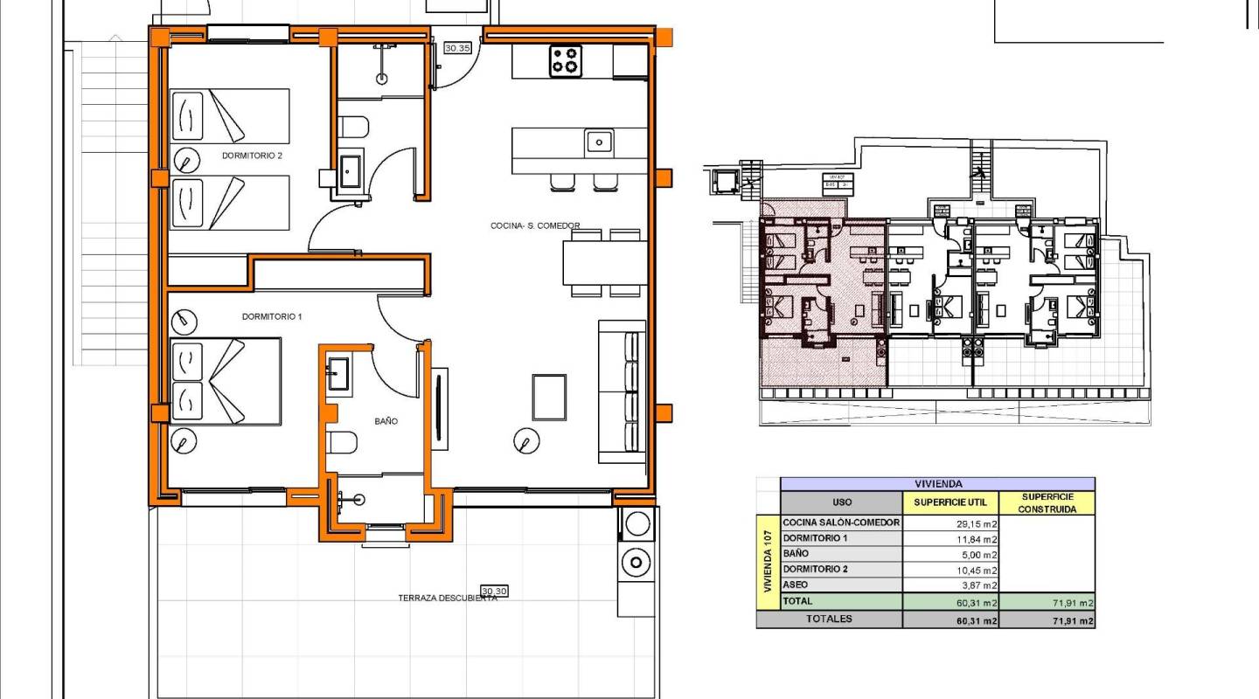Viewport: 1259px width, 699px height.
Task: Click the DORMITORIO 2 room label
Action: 252,156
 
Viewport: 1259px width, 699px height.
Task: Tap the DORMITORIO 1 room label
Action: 271,316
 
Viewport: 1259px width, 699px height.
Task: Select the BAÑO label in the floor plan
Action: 386,421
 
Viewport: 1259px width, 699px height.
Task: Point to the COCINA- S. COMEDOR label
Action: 535,226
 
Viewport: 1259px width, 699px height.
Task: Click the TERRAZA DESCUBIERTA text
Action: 447,599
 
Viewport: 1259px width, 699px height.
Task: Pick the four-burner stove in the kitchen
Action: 566,60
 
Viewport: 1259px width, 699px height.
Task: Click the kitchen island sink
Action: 598,141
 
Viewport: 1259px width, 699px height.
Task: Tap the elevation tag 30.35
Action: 457,49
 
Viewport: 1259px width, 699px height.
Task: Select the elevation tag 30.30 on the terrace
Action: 494,592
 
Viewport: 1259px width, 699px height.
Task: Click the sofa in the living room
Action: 622,391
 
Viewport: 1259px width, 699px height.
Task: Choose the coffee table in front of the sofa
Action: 550,396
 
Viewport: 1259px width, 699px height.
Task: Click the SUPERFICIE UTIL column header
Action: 949,502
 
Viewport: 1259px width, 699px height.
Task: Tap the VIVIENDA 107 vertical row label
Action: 768,562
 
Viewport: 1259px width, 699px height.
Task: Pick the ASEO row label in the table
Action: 796,585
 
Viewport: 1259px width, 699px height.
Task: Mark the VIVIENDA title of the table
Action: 937,483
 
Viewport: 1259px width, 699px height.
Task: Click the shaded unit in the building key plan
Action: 822,297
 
